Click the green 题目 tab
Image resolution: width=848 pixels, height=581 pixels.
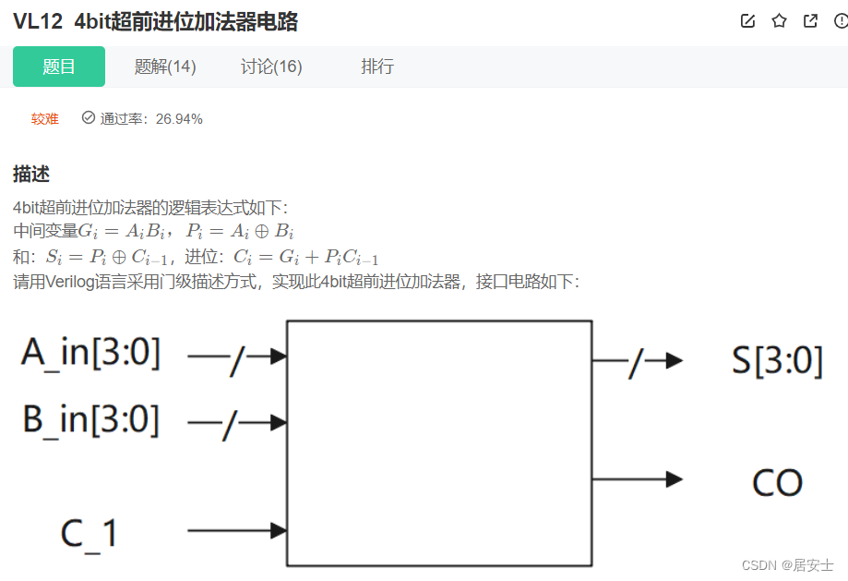coord(59,67)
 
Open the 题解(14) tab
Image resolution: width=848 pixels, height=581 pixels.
coord(165,67)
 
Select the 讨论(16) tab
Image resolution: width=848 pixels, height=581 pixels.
coord(271,67)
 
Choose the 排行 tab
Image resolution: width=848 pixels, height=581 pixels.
coord(377,67)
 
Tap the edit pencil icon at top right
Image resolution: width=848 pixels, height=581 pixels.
coord(748,21)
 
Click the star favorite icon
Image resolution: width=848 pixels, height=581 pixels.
coord(780,21)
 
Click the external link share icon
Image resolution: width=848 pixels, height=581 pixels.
coord(810,21)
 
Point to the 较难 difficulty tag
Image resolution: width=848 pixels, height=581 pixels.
coord(45,118)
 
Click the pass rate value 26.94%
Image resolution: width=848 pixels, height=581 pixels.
coord(179,118)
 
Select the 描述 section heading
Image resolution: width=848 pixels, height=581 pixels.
coord(31,174)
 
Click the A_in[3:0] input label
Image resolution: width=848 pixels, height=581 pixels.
coord(90,354)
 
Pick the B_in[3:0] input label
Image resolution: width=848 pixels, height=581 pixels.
coord(90,420)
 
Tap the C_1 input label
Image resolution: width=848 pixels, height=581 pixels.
coord(89,533)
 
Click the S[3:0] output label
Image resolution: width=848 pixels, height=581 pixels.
coord(777,361)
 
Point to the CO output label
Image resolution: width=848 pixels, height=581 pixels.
coord(777,482)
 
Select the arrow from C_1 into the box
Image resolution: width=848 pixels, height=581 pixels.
coord(237,530)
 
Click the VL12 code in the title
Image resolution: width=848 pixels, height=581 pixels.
coord(38,22)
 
